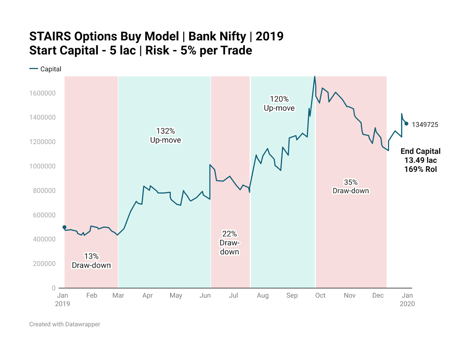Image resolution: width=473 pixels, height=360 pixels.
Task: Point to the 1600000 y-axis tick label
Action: [x=42, y=93]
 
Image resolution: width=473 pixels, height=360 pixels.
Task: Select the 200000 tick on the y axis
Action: [x=44, y=264]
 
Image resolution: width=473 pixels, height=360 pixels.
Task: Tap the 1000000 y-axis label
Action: [x=42, y=166]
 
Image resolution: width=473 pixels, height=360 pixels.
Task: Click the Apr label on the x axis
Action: [x=148, y=296]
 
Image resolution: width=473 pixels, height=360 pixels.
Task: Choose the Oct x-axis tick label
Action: [x=320, y=296]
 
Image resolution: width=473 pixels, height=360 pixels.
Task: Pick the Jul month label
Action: [x=234, y=296]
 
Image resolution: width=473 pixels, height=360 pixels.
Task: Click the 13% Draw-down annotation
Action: [x=91, y=261]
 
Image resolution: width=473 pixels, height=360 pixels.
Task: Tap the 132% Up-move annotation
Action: [x=166, y=135]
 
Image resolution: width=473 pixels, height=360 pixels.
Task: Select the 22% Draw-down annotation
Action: [x=229, y=243]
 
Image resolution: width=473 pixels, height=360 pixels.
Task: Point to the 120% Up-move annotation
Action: [x=279, y=104]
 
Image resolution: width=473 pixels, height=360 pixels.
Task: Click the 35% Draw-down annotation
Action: [x=351, y=186]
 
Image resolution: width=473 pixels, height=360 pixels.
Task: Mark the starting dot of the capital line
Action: [x=64, y=227]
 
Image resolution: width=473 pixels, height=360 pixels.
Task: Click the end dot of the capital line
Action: [x=406, y=124]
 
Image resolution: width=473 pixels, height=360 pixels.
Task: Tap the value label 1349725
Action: [x=425, y=125]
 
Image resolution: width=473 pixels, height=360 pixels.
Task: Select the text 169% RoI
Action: [x=420, y=169]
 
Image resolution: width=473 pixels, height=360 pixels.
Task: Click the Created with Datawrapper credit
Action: [x=65, y=324]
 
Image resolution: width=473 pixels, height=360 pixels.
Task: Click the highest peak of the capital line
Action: [x=315, y=77]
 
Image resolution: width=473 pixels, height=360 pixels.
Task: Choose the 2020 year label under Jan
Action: [x=407, y=304]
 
